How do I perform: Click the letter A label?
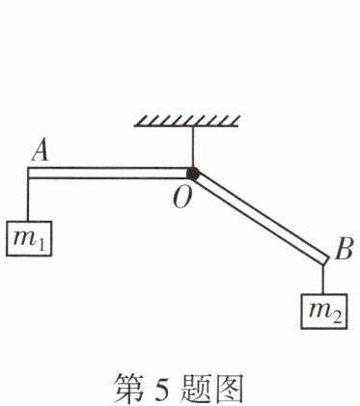click(41, 151)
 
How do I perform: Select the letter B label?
click(344, 249)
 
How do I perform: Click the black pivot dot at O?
click(193, 174)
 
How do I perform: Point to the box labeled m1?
click(29, 238)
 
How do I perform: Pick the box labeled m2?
click(324, 311)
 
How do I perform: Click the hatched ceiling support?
click(186, 121)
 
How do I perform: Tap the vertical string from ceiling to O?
click(193, 147)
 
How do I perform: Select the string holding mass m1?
click(28, 200)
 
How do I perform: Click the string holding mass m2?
click(322, 279)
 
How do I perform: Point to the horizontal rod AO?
click(109, 173)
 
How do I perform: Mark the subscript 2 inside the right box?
click(336, 317)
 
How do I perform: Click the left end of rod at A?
click(28, 173)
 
